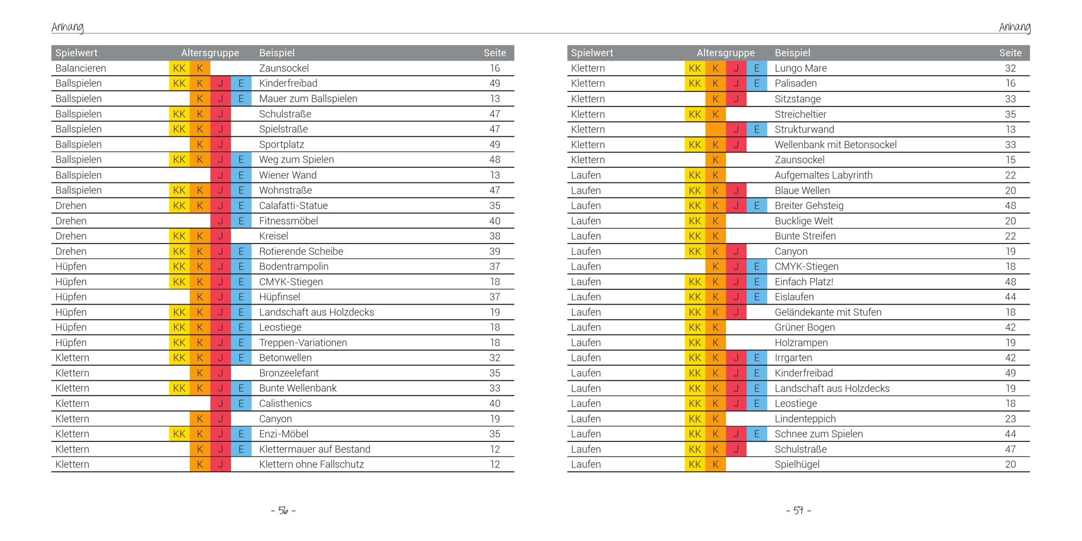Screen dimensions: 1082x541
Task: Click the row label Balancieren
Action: pyautogui.click(x=81, y=68)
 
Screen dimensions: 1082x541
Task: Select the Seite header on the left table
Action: pyautogui.click(x=494, y=53)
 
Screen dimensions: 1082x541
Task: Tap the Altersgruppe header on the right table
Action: pyautogui.click(x=725, y=53)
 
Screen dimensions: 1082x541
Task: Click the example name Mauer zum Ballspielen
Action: pyautogui.click(x=308, y=98)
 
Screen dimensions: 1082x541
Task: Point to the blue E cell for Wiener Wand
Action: pyautogui.click(x=241, y=175)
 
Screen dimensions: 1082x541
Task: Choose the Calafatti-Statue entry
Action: pyautogui.click(x=293, y=206)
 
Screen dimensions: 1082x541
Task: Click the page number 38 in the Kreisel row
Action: pyautogui.click(x=494, y=236)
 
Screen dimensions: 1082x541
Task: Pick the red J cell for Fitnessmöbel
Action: pyautogui.click(x=221, y=221)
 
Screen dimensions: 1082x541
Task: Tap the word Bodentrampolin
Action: pyautogui.click(x=294, y=267)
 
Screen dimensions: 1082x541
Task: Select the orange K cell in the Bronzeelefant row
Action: pyautogui.click(x=200, y=373)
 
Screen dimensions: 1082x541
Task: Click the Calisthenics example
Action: pyautogui.click(x=285, y=404)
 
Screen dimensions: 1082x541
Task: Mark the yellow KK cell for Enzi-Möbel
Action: pyautogui.click(x=179, y=434)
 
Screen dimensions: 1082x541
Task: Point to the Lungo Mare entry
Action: pyautogui.click(x=801, y=68)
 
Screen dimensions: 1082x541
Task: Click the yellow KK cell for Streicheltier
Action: pyautogui.click(x=695, y=114)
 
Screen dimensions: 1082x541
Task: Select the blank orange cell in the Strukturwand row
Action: pyautogui.click(x=715, y=129)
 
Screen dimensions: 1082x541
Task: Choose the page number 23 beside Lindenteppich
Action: pyautogui.click(x=1010, y=419)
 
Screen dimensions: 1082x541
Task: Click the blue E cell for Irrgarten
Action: pyautogui.click(x=757, y=358)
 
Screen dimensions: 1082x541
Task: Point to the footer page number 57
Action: pyautogui.click(x=799, y=511)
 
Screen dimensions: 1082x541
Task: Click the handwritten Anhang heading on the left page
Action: pyautogui.click(x=68, y=27)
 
